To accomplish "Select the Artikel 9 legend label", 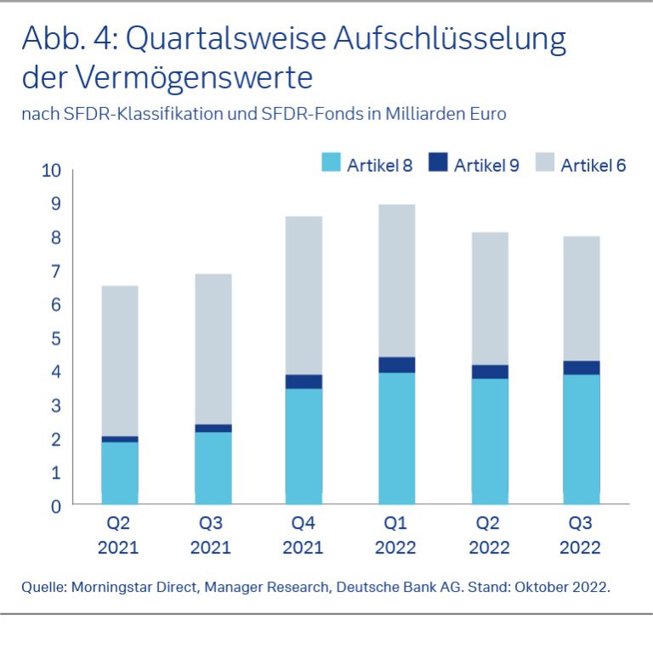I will [x=485, y=166].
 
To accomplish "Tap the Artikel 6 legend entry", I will [x=593, y=166].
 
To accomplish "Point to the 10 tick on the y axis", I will [x=51, y=171].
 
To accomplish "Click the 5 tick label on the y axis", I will [x=56, y=338].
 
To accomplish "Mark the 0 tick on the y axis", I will [x=56, y=506].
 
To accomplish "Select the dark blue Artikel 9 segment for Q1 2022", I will [x=396, y=365].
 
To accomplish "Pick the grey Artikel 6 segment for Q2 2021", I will [x=119, y=361].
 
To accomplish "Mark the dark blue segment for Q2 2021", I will [x=119, y=439].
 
